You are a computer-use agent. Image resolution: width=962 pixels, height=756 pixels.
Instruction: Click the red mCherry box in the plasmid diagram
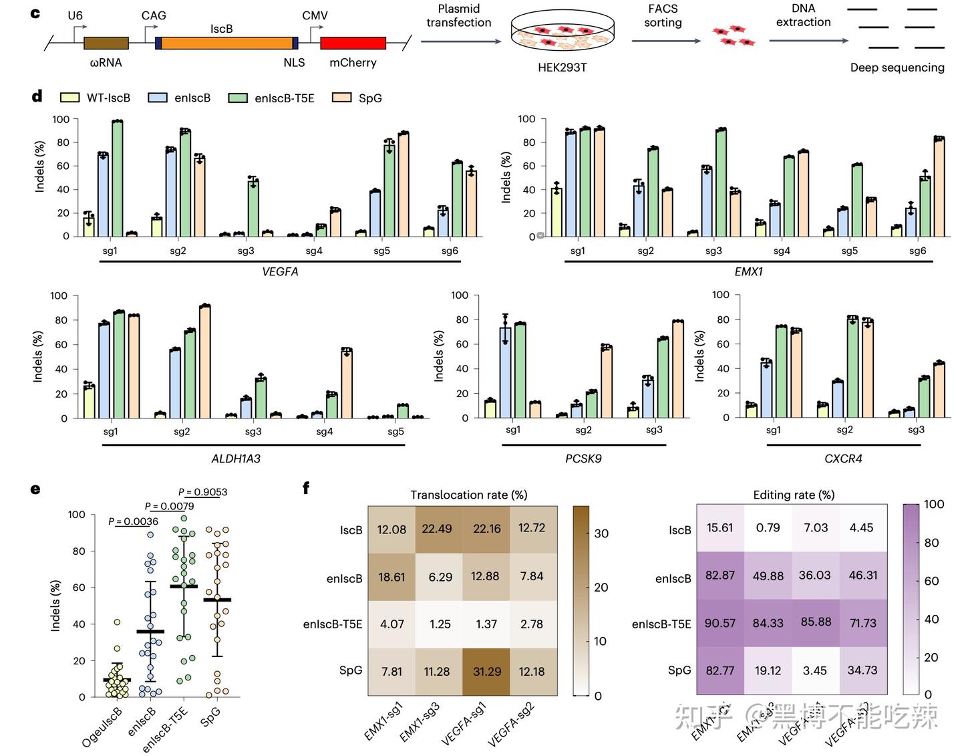353,43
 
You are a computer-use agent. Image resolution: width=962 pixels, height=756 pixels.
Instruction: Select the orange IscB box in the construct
226,43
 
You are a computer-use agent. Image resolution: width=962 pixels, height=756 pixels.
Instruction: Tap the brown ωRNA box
106,43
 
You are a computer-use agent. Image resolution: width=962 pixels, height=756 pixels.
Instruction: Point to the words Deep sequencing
897,68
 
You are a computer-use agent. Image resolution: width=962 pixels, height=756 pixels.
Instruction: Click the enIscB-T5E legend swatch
238,98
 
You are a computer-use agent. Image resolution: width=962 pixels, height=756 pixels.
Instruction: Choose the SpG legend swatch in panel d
341,98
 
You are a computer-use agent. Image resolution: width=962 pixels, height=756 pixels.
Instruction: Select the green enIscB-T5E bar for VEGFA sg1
118,178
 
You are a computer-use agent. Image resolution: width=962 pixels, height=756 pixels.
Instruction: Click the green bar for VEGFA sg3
253,208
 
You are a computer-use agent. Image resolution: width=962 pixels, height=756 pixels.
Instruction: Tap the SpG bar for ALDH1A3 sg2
204,362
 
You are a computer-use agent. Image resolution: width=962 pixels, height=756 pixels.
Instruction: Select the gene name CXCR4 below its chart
843,459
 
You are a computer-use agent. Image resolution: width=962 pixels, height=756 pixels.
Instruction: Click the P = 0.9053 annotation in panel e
203,492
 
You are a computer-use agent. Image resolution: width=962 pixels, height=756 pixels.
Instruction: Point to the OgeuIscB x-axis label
102,727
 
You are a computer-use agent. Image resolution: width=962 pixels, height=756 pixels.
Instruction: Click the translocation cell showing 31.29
486,672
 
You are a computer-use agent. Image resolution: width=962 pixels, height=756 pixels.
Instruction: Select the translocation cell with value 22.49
437,529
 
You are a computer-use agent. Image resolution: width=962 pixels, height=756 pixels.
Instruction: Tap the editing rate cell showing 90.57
720,623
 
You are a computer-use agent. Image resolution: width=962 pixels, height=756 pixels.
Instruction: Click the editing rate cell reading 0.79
768,528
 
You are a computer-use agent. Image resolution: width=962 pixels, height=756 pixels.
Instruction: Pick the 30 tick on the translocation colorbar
601,533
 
